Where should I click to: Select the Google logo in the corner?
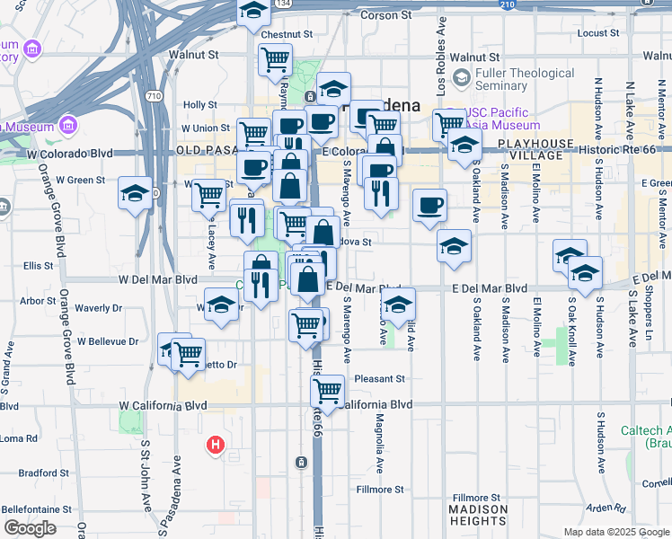click(x=30, y=528)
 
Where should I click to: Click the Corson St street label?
click(x=385, y=15)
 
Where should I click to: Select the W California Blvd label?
click(x=164, y=405)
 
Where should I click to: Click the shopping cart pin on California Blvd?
click(x=328, y=391)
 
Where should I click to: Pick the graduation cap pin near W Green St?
click(x=136, y=193)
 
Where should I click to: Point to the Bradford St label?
click(x=44, y=473)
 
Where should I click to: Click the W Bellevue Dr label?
click(x=109, y=341)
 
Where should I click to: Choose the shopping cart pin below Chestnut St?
click(x=275, y=59)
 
